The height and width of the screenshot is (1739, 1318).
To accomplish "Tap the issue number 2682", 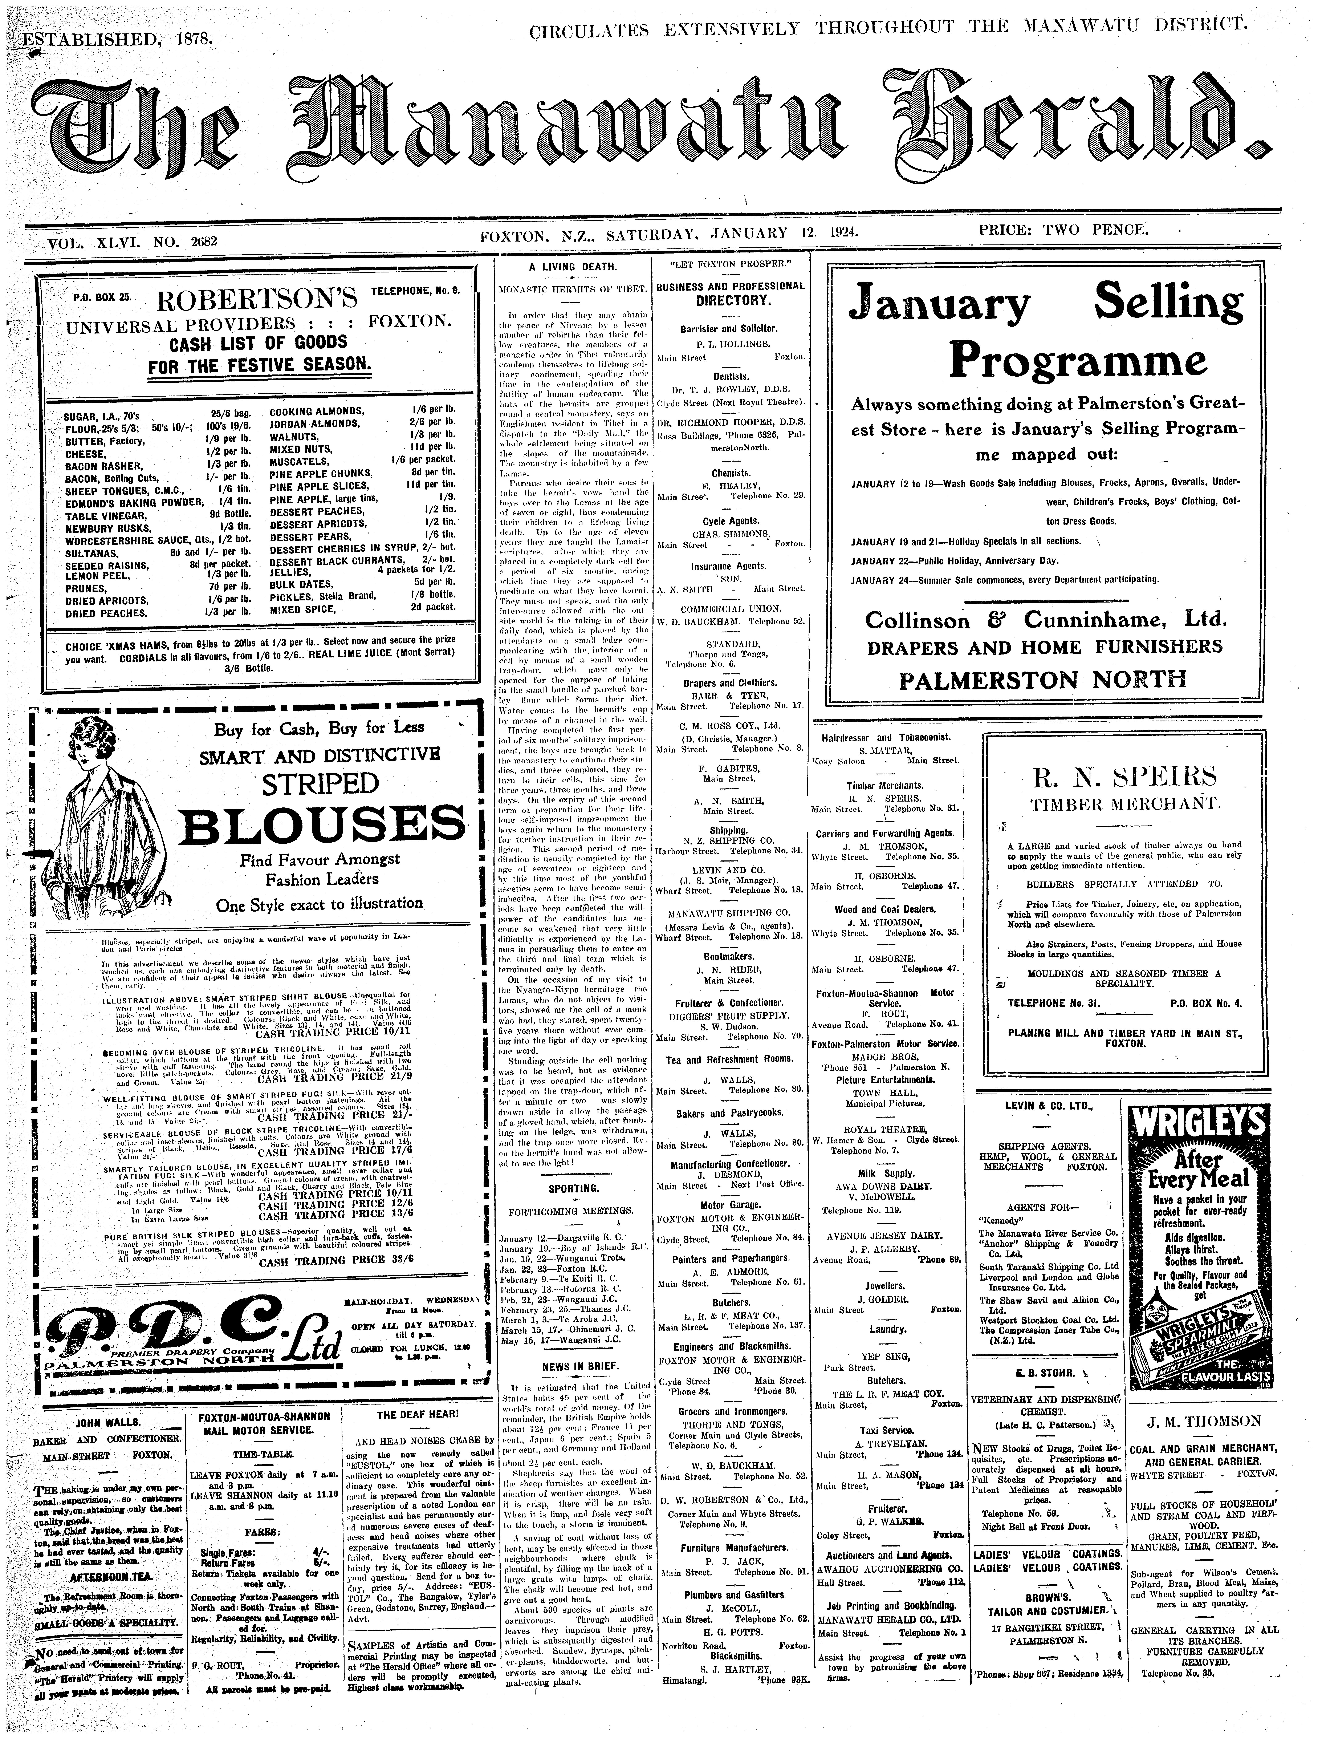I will click(x=203, y=241).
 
